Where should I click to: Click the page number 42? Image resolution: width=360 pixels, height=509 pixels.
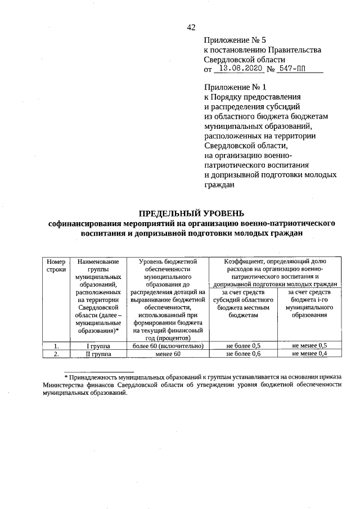click(x=191, y=27)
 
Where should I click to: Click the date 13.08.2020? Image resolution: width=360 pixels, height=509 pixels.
click(x=240, y=70)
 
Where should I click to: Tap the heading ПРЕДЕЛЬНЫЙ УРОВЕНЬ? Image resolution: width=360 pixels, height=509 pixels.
click(x=192, y=213)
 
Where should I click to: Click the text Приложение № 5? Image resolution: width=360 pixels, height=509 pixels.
click(x=234, y=40)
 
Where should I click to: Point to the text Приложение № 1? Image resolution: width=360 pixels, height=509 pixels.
click(x=234, y=87)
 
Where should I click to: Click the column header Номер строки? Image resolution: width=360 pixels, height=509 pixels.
click(x=56, y=265)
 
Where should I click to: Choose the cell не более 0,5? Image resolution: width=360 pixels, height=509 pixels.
click(x=244, y=345)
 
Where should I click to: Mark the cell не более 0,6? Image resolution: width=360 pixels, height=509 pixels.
click(x=244, y=354)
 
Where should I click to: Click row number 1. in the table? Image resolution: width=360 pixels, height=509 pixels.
click(x=56, y=345)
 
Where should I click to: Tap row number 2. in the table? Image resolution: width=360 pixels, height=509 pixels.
click(x=56, y=354)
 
